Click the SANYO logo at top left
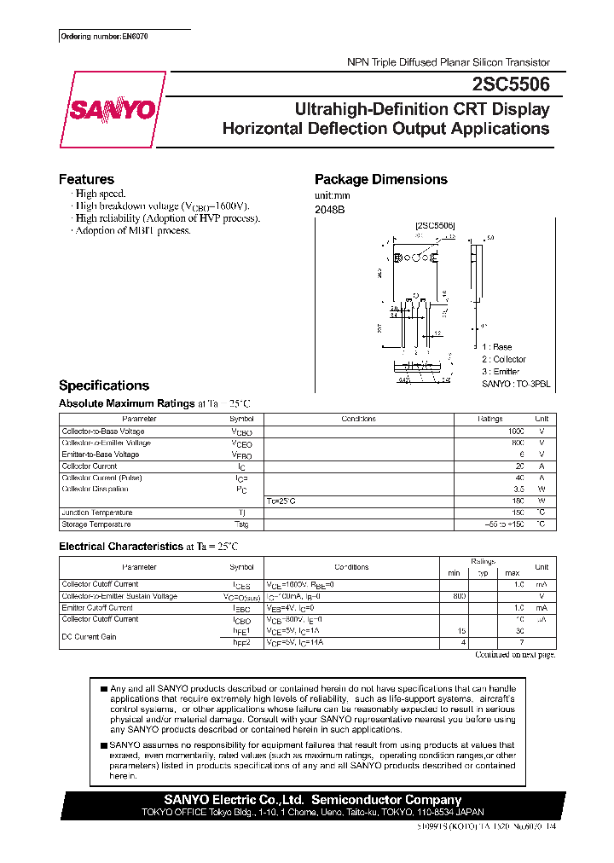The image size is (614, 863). pos(111,110)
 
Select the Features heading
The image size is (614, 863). pos(86,179)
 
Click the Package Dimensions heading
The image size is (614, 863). pos(380,179)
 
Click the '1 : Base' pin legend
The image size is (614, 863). pos(496,347)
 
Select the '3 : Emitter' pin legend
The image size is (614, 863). pos(502,372)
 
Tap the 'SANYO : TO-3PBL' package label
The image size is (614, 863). pos(515,385)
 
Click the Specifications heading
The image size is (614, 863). pos(103,385)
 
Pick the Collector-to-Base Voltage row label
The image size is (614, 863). pos(101,431)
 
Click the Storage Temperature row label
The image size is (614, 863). pos(96,524)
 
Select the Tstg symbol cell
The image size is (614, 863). pos(241,524)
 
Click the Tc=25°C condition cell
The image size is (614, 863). pos(281,501)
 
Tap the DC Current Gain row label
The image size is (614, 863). pos(90,636)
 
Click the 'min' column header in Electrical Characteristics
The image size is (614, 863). pos(454,572)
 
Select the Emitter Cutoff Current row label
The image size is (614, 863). pos(97,607)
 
